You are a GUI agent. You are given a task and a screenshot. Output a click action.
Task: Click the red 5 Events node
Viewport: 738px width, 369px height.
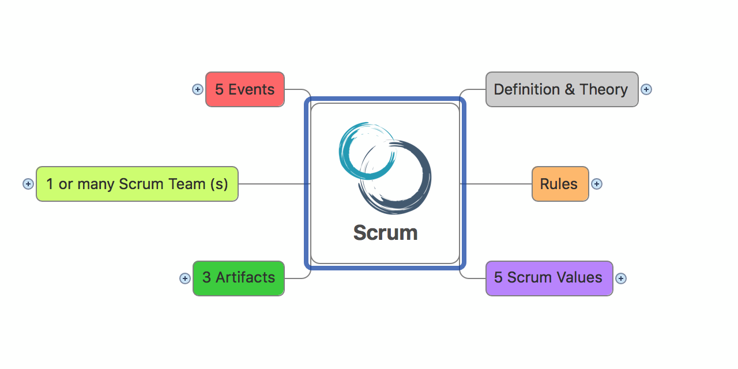[245, 89]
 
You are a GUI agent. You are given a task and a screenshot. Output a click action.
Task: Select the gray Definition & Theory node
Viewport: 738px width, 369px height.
[562, 89]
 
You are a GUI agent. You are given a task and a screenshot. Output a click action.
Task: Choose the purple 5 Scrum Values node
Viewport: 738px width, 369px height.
[549, 278]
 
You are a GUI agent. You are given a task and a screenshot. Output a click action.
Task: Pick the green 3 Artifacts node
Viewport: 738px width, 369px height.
[239, 278]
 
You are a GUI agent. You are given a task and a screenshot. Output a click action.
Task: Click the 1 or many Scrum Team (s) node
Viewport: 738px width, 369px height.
[137, 184]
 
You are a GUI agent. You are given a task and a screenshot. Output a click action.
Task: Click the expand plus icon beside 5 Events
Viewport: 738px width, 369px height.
[198, 89]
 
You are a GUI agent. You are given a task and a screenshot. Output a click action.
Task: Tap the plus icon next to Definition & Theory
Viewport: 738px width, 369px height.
[646, 89]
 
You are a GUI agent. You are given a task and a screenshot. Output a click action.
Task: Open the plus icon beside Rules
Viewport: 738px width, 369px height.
[597, 184]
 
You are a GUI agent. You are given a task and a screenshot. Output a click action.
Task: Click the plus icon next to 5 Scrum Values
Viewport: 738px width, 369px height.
[621, 278]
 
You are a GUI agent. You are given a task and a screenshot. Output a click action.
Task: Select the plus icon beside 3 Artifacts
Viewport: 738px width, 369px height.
[185, 278]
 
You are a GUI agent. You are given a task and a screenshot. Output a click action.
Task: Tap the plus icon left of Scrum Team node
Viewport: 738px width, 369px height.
[28, 184]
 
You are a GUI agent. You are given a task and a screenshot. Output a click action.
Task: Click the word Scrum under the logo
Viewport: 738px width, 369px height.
[385, 233]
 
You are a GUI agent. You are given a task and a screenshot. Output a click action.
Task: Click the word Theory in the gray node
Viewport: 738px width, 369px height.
[604, 89]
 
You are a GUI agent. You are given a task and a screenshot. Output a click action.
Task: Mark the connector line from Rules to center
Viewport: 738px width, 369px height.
[496, 184]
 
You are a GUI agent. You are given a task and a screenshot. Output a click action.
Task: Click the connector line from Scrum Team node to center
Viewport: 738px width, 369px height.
[274, 184]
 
